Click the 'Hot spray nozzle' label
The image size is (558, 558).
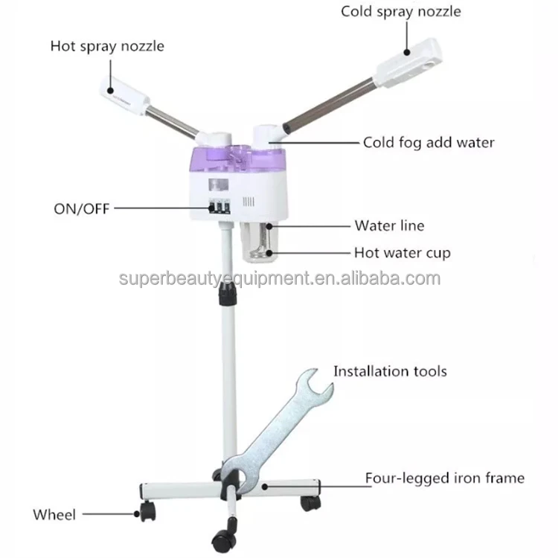107,46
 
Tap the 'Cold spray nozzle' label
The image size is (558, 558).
400,11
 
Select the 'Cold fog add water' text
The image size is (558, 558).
428,142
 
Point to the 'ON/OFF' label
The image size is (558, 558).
81,208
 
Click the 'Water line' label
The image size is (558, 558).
389,225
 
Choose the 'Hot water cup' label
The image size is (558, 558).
402,253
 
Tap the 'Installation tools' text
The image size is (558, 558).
390,371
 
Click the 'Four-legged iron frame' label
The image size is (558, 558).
444,478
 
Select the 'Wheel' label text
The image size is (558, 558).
54,514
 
